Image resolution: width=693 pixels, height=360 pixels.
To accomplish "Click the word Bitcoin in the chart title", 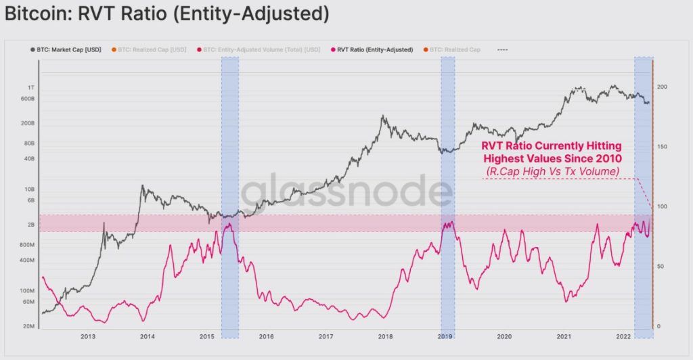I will click(x=30, y=12).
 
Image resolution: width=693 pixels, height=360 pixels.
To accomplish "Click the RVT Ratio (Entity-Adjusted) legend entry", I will click(x=372, y=49).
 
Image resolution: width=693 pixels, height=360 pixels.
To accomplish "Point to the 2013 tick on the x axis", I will click(x=88, y=336).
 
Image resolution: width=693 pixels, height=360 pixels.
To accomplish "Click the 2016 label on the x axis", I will click(x=266, y=336).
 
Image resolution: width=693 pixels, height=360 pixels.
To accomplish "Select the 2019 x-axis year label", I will click(x=445, y=336).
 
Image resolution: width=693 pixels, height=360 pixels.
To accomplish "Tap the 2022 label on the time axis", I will click(x=623, y=336).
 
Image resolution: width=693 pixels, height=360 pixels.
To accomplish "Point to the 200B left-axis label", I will click(x=28, y=123).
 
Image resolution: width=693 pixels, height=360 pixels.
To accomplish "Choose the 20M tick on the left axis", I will click(x=29, y=326).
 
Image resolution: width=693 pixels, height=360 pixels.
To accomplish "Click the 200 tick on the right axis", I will click(x=662, y=87).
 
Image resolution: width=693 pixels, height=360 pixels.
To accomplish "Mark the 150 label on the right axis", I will click(x=662, y=147).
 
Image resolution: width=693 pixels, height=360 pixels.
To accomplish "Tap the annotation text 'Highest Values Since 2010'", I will click(x=551, y=158).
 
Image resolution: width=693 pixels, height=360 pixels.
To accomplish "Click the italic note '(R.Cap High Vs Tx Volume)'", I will click(x=551, y=171).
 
